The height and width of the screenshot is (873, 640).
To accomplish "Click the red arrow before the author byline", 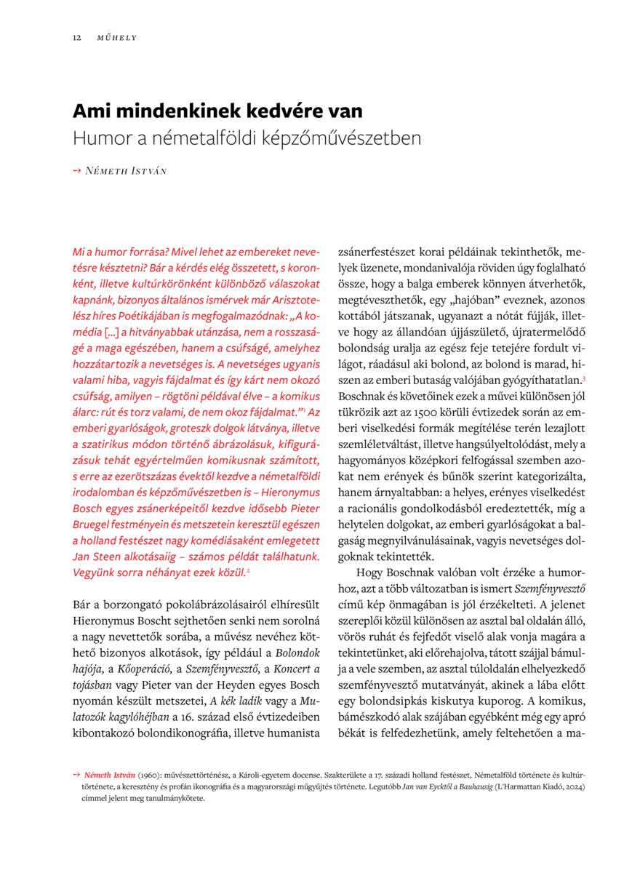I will [x=76, y=171].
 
